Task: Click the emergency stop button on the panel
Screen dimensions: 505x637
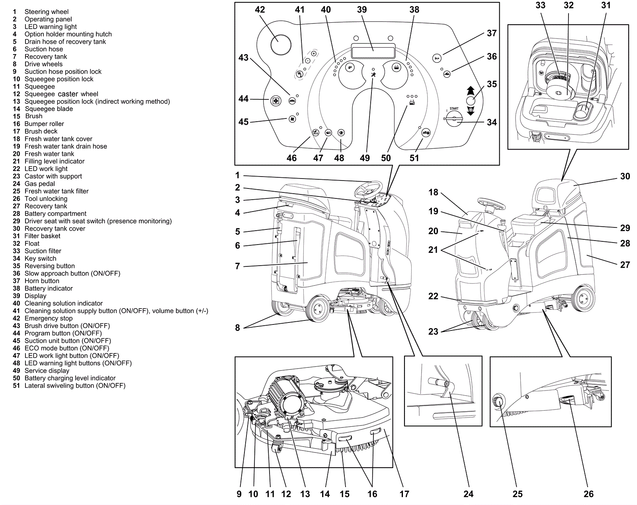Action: (281, 44)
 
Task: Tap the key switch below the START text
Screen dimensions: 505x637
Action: (454, 118)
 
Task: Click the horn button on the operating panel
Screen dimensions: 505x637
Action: (437, 58)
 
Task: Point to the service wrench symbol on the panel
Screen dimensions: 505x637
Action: (373, 75)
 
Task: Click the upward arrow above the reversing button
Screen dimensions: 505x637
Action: (470, 90)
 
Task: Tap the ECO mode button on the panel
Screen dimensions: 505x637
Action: (316, 133)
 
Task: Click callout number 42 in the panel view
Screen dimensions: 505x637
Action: (260, 10)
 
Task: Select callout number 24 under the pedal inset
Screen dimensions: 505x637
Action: (468, 494)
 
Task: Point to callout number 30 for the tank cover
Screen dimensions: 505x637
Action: (625, 176)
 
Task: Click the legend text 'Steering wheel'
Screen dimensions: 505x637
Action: (46, 12)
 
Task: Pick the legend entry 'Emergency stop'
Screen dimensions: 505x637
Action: (49, 318)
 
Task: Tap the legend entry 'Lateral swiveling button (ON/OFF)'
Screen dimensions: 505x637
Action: (75, 385)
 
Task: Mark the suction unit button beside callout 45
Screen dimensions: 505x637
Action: (293, 119)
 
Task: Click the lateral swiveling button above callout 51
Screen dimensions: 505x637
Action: (426, 133)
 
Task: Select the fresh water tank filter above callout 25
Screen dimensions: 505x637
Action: (498, 402)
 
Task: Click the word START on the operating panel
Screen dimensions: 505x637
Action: (454, 109)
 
